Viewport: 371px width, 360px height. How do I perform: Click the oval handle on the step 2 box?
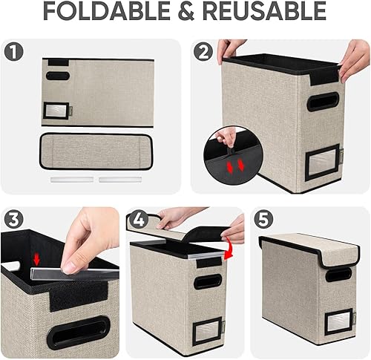tap(324, 102)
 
